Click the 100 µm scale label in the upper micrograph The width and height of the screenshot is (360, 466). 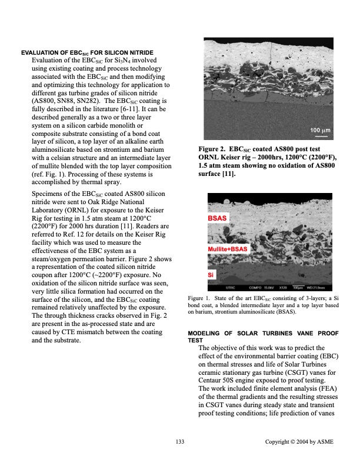tap(322, 130)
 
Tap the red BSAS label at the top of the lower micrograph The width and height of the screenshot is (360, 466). tap(218, 218)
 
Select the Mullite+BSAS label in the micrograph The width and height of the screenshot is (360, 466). tap(227, 249)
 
